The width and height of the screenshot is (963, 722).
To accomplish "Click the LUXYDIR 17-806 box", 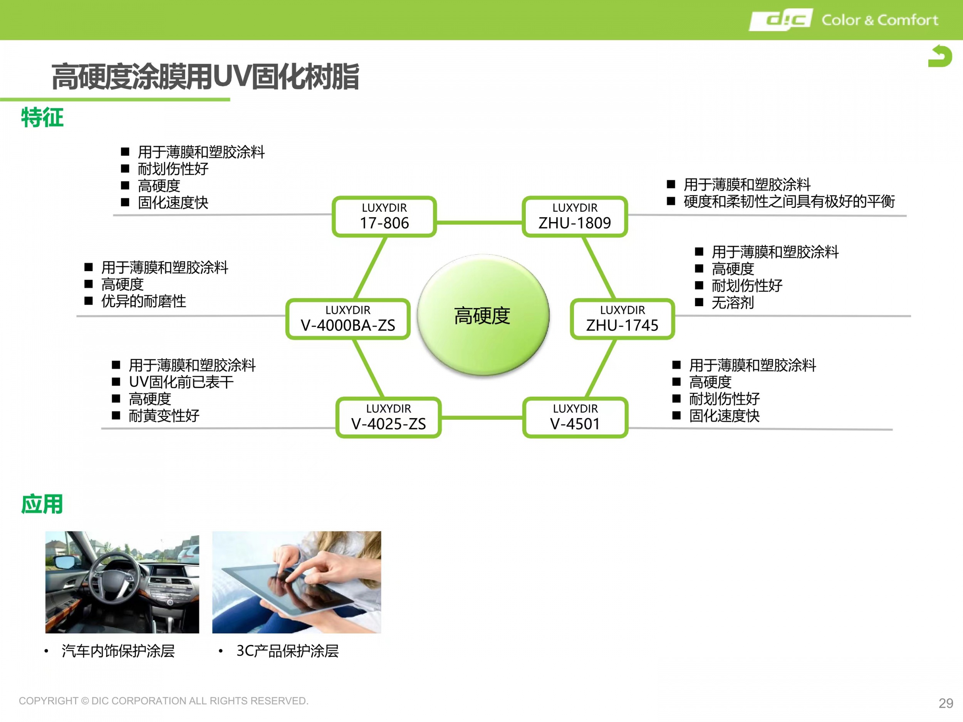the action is coord(384,216).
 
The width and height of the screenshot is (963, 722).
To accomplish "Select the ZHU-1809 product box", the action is coord(575,216).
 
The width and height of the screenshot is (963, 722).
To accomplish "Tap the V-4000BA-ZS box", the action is coord(348,318).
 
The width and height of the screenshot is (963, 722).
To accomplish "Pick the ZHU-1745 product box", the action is coord(622,318).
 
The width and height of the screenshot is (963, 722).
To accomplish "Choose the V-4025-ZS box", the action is coord(388,417).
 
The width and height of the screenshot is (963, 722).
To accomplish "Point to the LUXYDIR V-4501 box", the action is coord(575,417).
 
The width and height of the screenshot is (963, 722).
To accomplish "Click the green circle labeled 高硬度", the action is coord(483,315).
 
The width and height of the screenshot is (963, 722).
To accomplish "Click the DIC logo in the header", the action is coord(780,20).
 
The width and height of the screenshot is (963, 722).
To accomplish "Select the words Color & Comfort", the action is coord(879,20).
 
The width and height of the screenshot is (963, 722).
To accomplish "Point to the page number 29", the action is coord(946,703).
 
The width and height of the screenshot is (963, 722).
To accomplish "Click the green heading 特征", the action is coord(42,117).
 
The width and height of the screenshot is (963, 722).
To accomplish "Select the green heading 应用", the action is coord(42,504).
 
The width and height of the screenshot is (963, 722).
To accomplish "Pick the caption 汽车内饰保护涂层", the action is coord(118,651).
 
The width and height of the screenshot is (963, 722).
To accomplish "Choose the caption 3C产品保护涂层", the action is coord(287,651).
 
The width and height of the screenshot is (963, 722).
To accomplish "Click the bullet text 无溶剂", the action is coord(733,302).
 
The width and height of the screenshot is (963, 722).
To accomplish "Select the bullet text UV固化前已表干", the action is coord(181,382).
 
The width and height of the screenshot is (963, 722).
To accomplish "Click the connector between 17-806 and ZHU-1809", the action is coord(479,223).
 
